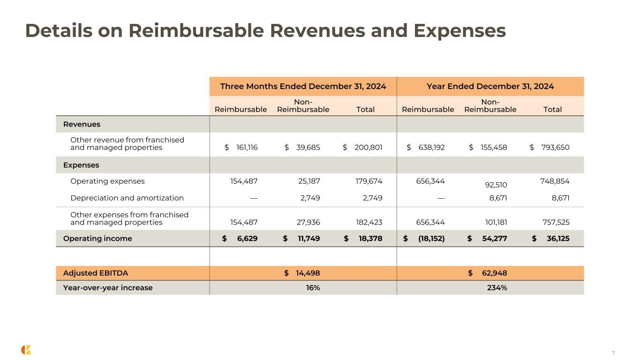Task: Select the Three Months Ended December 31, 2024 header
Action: [303, 86]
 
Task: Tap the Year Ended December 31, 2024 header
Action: [490, 86]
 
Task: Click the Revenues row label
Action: [82, 124]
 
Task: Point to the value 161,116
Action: [244, 148]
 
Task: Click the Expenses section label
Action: [81, 165]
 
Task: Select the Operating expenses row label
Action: [107, 181]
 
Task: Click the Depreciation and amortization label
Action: [127, 198]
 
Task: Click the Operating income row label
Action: [98, 239]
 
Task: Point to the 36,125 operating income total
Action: [557, 239]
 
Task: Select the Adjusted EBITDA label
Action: [96, 273]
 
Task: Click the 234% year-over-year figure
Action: [497, 288]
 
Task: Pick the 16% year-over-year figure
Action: [313, 288]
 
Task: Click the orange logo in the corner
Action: [26, 350]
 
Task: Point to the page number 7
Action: [613, 352]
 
